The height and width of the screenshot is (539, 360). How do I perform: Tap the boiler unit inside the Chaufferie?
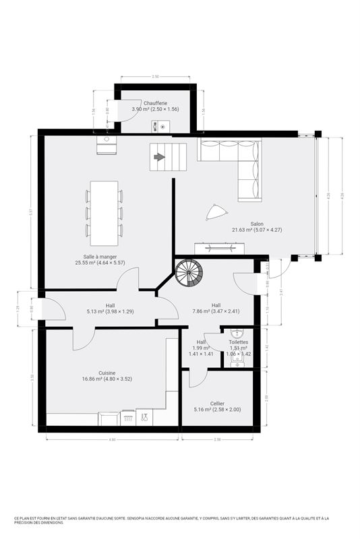[x=162, y=125]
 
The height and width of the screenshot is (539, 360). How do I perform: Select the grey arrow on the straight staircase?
[x=159, y=157]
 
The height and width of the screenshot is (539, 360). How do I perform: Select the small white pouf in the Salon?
[x=214, y=212]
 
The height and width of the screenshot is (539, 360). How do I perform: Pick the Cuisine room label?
[x=107, y=373]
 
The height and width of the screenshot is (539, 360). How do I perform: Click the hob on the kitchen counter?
[x=128, y=418]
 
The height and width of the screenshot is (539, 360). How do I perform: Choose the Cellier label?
[x=217, y=403]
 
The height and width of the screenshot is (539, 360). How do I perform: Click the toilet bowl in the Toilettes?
[x=237, y=334]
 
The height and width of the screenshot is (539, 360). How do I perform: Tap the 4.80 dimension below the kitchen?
[x=113, y=439]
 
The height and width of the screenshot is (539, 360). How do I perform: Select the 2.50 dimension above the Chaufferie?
[x=156, y=77]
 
